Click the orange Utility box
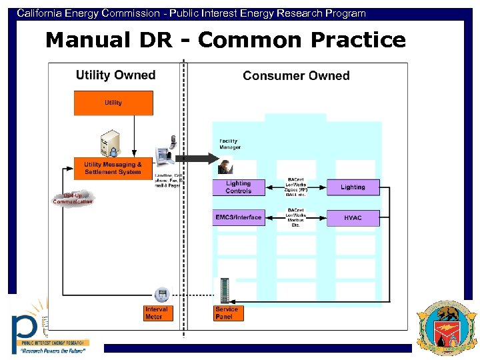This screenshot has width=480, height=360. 113,103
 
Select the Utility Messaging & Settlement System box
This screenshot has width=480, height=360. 113,169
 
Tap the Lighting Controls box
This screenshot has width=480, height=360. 238,187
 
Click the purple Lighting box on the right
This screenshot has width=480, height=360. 353,187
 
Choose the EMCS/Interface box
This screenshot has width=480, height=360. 238,217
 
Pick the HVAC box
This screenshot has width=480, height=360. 353,218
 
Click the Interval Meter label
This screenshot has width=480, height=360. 157,313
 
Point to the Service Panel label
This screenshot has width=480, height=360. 227,313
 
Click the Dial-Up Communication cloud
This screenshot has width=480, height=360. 73,198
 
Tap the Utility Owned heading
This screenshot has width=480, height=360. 115,75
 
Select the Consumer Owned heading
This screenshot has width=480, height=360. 296,76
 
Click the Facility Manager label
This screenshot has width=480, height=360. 230,144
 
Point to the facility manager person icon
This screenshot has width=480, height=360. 225,166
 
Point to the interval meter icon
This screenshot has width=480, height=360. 160,294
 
